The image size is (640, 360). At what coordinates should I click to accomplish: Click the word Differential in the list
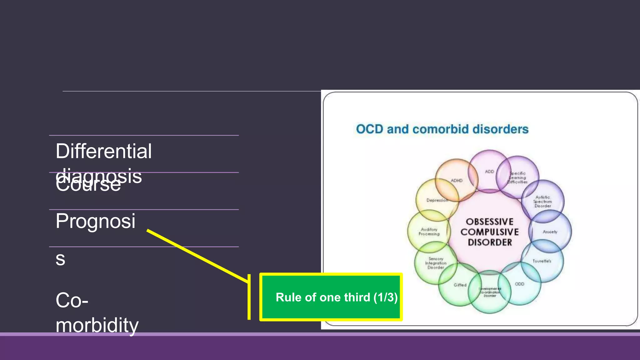click(x=103, y=151)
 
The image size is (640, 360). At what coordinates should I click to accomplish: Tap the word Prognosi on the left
click(x=95, y=221)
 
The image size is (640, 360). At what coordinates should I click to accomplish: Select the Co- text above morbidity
click(x=72, y=300)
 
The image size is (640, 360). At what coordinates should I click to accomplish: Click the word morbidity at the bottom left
click(x=97, y=325)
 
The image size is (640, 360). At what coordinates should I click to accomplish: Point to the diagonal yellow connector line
click(x=197, y=256)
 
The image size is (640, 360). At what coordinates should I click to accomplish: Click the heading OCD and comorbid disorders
click(x=442, y=129)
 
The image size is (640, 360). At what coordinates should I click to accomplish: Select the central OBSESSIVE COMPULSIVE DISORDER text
click(x=489, y=232)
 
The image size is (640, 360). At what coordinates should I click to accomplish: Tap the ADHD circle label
click(x=456, y=180)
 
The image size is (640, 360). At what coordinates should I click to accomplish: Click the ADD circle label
click(x=489, y=172)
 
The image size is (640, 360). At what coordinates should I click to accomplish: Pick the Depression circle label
click(x=437, y=200)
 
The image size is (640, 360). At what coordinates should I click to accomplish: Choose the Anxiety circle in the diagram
click(x=550, y=232)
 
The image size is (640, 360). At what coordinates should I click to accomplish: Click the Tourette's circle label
click(x=542, y=261)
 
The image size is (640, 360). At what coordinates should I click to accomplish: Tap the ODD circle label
click(x=519, y=284)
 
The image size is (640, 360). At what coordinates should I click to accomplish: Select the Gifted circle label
click(x=460, y=285)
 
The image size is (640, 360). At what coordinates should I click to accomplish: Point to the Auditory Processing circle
click(x=429, y=232)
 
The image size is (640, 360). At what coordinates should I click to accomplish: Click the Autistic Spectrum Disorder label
click(x=542, y=202)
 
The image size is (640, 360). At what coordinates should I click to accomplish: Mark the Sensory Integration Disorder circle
click(x=436, y=263)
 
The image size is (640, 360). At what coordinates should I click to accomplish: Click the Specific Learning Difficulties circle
click(x=518, y=177)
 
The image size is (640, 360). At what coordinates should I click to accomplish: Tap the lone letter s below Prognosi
click(x=60, y=259)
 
